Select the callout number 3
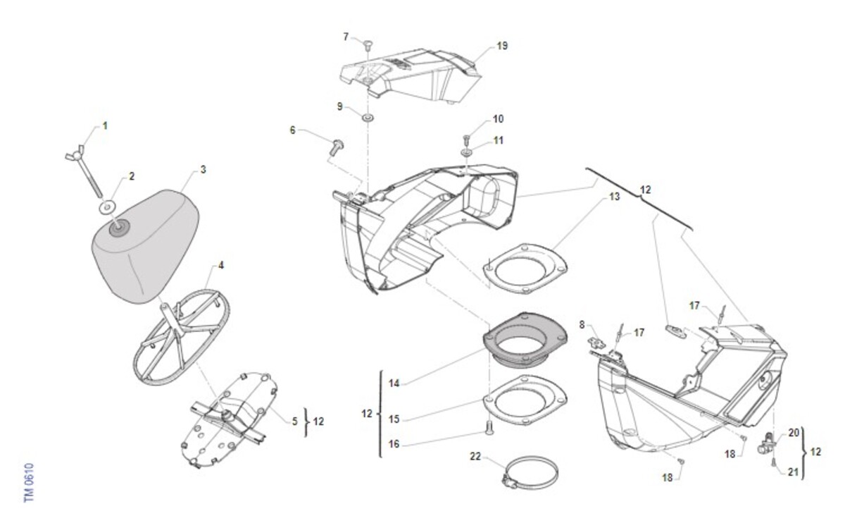[x=203, y=170]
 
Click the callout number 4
[x=220, y=266]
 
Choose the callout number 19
[x=501, y=46]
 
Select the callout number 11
[x=499, y=140]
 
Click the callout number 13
[x=614, y=197]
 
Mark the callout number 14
[x=394, y=383]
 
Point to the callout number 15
[x=394, y=419]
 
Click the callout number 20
[x=793, y=433]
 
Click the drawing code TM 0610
[x=29, y=482]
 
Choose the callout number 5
[x=295, y=421]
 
